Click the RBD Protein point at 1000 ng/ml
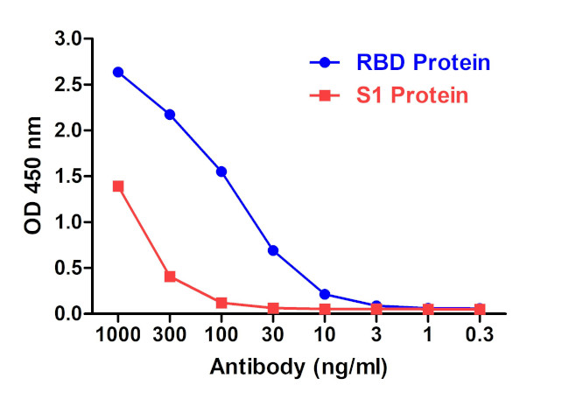point(118,72)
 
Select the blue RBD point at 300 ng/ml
point(170,115)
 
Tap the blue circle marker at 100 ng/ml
point(221,171)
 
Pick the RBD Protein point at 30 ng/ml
point(273,250)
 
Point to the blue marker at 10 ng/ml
point(325,294)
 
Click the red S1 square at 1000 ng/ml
point(118,186)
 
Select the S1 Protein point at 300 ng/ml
point(170,276)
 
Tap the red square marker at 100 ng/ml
point(221,303)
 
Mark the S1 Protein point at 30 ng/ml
point(273,308)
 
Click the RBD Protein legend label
point(422,63)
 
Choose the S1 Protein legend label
point(411,95)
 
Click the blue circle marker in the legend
point(325,63)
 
